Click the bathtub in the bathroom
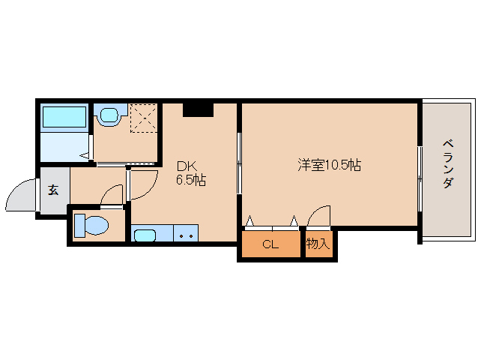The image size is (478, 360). pos(64,117)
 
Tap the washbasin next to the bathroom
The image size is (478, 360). pos(109,116)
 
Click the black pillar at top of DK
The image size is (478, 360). pos(199,109)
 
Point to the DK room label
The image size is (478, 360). pos(186,166)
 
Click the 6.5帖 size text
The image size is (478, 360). pos(191,180)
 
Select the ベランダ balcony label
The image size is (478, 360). pos(447,163)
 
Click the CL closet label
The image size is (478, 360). pos(270,244)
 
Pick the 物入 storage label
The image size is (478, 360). pos(318,244)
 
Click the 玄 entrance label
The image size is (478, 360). pos(54,190)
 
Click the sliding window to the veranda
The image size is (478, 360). pos(420,172)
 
